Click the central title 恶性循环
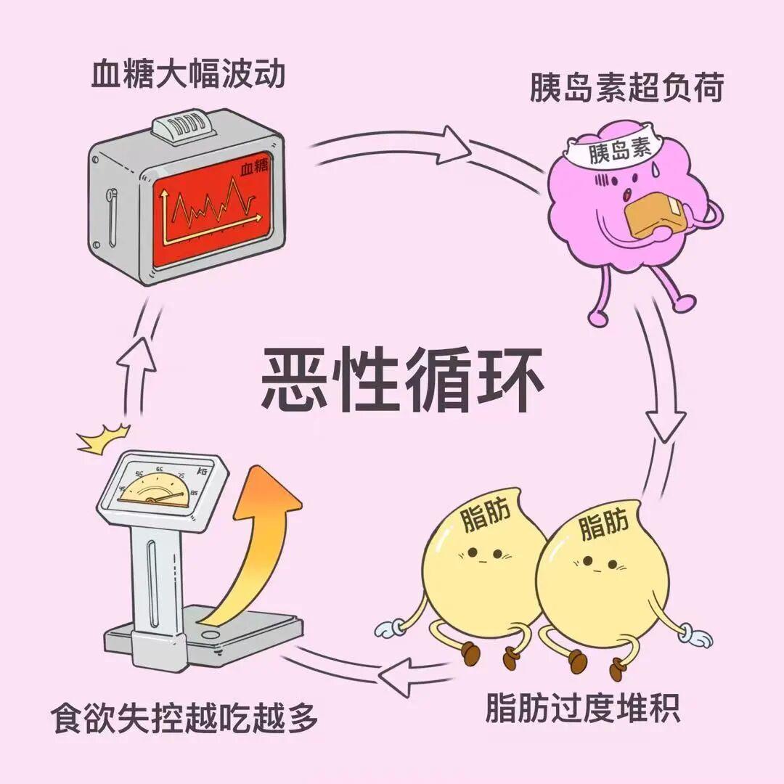coord(402,378)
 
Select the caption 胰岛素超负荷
coord(626,92)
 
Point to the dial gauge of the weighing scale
coord(155,487)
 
